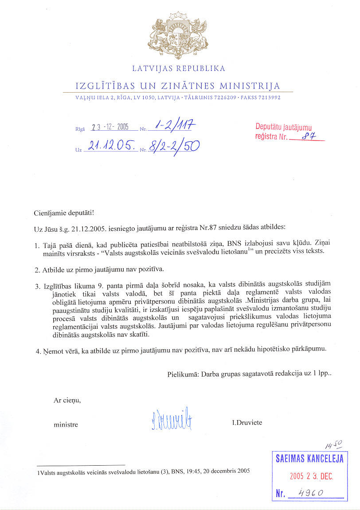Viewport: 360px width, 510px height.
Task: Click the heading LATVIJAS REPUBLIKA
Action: coord(179,69)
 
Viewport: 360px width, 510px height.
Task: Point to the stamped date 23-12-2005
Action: coord(110,127)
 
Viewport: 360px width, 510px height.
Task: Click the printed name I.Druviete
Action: coord(247,422)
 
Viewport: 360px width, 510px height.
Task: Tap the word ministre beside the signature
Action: coord(66,424)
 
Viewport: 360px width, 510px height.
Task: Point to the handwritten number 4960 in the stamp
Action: coord(311,493)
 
